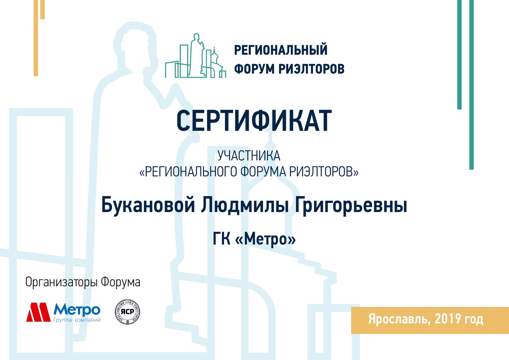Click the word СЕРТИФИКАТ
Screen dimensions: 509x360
tap(254, 121)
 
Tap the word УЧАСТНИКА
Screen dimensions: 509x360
tap(249, 156)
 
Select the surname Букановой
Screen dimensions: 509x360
tap(148, 205)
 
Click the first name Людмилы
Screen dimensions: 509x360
tap(245, 205)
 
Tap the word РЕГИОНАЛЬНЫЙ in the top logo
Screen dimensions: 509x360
tap(281, 50)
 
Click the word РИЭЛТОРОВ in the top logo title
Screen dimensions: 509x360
tap(311, 69)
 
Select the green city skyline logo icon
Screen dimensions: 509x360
tap(195, 56)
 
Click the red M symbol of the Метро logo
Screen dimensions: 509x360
tap(38, 312)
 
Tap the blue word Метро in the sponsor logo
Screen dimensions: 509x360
tap(77, 310)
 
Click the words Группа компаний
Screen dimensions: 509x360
tap(77, 320)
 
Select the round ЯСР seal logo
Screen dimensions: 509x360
tap(127, 312)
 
